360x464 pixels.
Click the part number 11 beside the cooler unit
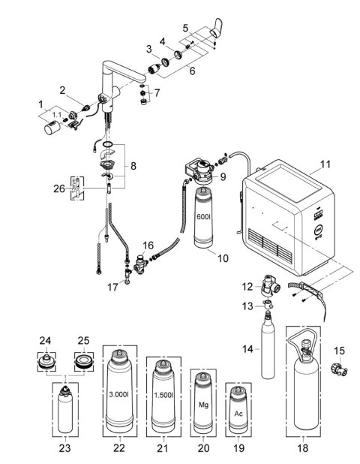click(x=325, y=164)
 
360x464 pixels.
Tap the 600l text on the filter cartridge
click(x=204, y=216)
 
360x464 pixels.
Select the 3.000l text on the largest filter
click(x=118, y=394)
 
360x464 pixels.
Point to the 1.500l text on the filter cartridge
click(x=163, y=395)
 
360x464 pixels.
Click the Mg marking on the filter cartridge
click(x=203, y=405)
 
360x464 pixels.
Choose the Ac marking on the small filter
click(x=238, y=414)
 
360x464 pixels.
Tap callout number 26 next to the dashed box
click(x=59, y=188)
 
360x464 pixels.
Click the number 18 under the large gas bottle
click(x=303, y=448)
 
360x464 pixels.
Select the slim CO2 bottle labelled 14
click(x=268, y=349)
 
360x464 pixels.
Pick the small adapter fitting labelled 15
click(x=339, y=368)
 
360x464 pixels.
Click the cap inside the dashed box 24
click(x=46, y=362)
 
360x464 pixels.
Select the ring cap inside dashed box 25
click(x=84, y=362)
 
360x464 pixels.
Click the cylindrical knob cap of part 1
click(x=52, y=128)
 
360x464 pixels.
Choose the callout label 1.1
click(x=58, y=115)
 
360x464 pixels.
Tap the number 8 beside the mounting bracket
click(x=133, y=166)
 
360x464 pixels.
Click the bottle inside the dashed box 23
click(x=65, y=409)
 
